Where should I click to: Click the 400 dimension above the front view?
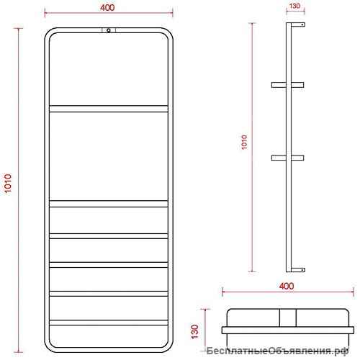(x=107, y=8)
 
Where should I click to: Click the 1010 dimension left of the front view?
(x=8, y=183)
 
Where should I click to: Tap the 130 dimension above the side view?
(x=295, y=6)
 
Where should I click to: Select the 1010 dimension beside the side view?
(x=244, y=142)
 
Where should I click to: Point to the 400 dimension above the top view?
(x=287, y=286)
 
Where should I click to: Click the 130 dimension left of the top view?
(x=195, y=331)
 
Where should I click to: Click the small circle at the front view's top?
(x=109, y=30)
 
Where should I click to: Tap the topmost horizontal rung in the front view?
(x=109, y=109)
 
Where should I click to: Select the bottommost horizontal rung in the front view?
(x=109, y=323)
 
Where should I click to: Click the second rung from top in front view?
(x=109, y=204)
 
